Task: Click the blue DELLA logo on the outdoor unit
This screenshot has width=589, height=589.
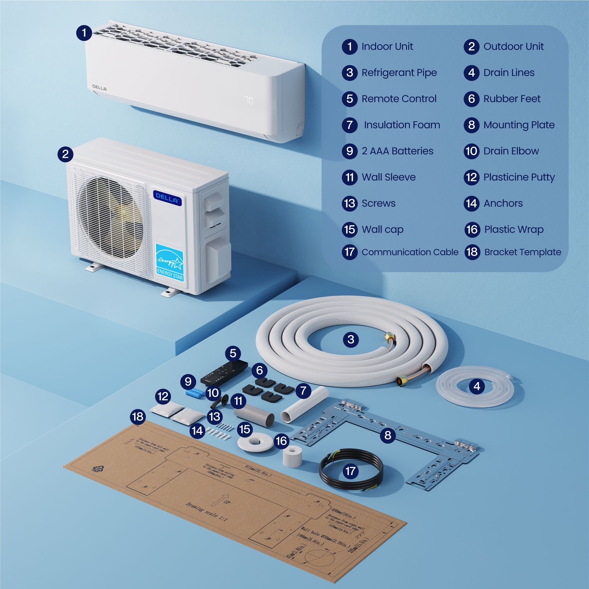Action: tap(167, 198)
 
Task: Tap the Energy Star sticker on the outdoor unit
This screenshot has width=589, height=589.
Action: tap(170, 262)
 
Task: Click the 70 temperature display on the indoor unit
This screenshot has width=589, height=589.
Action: tap(249, 101)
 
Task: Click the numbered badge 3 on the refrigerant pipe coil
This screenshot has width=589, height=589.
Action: tap(350, 339)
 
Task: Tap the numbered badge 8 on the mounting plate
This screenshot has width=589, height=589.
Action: tap(388, 435)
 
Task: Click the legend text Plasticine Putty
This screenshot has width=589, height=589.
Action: tap(519, 177)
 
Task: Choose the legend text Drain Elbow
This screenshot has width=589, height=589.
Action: tap(511, 151)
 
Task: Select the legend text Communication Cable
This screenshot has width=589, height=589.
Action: tap(410, 252)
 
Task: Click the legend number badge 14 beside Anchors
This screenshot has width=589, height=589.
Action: tap(471, 203)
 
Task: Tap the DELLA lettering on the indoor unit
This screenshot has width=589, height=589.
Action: tap(99, 88)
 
